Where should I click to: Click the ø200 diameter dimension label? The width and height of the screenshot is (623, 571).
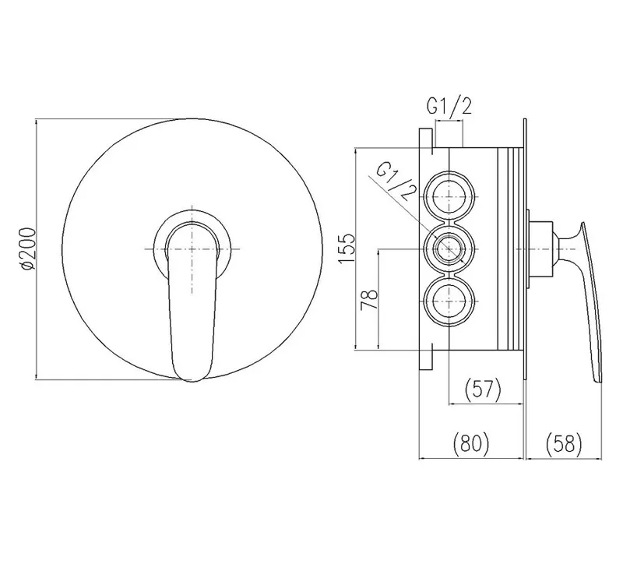click(x=29, y=249)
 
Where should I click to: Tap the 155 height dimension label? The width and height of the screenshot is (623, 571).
click(x=347, y=248)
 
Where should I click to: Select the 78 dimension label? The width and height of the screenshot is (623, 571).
click(x=369, y=300)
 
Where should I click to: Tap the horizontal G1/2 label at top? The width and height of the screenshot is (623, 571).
click(x=449, y=106)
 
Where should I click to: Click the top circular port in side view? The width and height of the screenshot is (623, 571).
click(x=449, y=197)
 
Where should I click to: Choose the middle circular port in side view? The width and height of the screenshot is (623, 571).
click(x=449, y=248)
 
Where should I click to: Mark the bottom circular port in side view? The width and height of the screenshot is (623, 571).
click(x=449, y=301)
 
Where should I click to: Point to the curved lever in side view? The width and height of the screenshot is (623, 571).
click(x=592, y=302)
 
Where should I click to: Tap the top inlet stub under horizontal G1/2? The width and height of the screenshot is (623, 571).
click(x=449, y=133)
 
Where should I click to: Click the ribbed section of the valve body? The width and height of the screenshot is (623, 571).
click(x=510, y=248)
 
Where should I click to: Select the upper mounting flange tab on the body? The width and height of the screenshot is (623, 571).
click(x=426, y=139)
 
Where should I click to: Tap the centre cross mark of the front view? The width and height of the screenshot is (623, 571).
click(x=192, y=249)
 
